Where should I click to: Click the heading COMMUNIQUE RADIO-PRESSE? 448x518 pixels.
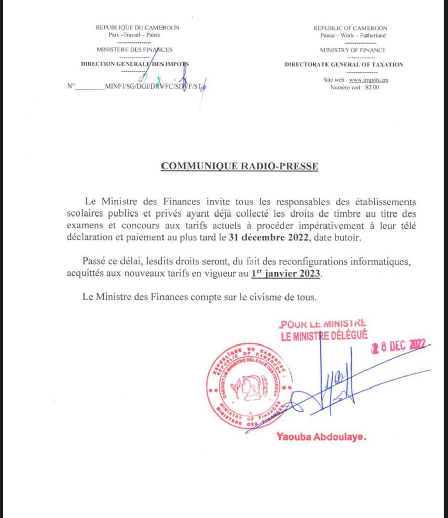(x=239, y=166)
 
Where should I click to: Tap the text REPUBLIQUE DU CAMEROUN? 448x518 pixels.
(x=138, y=28)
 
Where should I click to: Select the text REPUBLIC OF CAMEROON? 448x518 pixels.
(x=350, y=29)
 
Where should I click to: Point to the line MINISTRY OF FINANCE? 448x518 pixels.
(x=353, y=50)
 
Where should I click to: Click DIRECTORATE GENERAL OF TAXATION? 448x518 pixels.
(x=344, y=65)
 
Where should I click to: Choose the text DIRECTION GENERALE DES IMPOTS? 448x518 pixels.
(x=135, y=64)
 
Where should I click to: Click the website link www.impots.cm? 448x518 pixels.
(x=369, y=80)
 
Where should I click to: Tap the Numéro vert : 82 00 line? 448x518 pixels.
(x=354, y=87)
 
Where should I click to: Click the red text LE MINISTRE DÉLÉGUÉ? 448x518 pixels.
(x=324, y=335)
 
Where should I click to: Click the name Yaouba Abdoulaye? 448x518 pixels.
(x=321, y=437)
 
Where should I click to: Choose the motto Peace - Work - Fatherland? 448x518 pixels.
(x=353, y=36)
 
